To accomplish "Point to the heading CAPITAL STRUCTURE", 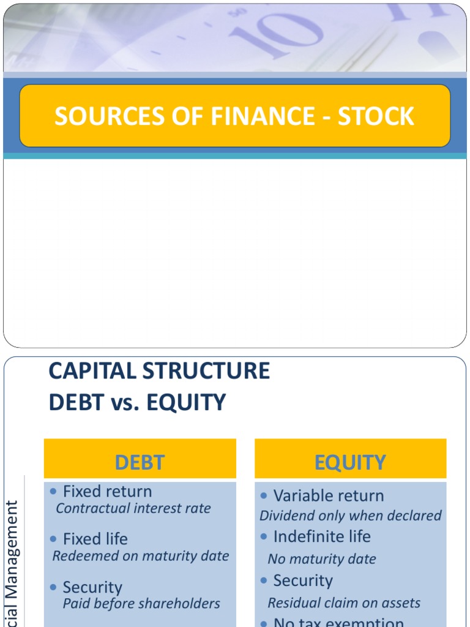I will tap(159, 371).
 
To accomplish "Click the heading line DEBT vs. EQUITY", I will tap(137, 402).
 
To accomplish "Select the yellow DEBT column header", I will tap(140, 462).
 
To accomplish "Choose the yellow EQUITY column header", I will tap(350, 462).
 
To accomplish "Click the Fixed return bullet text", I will tap(108, 491).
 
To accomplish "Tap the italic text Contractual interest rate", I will tap(133, 508).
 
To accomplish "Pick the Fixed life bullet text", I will tap(95, 539).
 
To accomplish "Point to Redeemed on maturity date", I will tap(141, 556).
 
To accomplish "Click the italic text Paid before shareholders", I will tap(141, 603).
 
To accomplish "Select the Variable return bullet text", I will tap(329, 495).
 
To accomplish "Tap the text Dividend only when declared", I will tap(351, 516).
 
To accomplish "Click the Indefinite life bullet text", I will tap(322, 536).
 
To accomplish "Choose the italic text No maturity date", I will tap(322, 559).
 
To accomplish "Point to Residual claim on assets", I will tap(344, 603).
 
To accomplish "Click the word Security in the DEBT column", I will tap(92, 588).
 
